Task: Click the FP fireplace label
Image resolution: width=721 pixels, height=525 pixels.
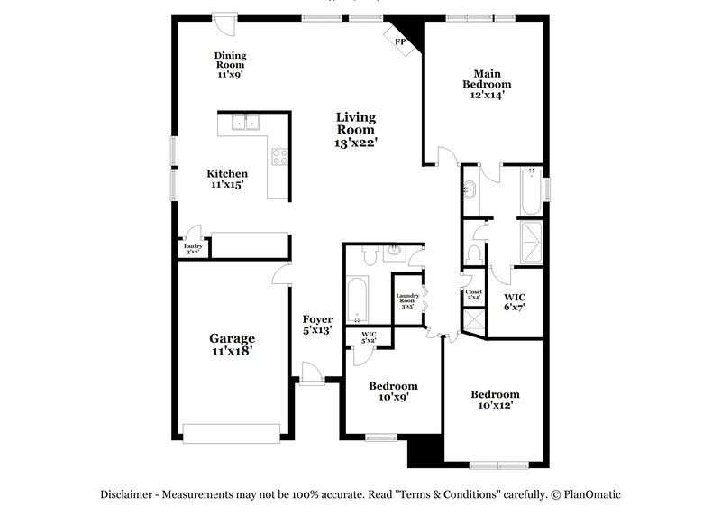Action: pyautogui.click(x=400, y=41)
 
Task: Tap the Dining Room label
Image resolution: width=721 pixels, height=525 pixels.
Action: pyautogui.click(x=230, y=65)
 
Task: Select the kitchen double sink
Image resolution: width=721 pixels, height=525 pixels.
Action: pyautogui.click(x=244, y=123)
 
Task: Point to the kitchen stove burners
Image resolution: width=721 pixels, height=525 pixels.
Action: pyautogui.click(x=279, y=157)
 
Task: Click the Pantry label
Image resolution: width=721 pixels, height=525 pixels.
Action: pyautogui.click(x=193, y=248)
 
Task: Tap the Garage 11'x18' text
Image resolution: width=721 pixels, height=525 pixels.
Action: pyautogui.click(x=233, y=345)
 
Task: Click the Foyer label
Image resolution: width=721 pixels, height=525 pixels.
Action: pyautogui.click(x=317, y=325)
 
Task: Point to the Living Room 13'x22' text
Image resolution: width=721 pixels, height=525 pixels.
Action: pyautogui.click(x=356, y=130)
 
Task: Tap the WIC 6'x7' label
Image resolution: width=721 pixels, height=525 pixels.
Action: pyautogui.click(x=515, y=301)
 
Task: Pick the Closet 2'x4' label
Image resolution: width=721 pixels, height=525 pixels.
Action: pyautogui.click(x=473, y=295)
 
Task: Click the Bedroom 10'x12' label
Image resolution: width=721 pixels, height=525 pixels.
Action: pyautogui.click(x=495, y=400)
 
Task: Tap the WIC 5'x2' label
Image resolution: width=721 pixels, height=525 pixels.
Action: pyautogui.click(x=369, y=338)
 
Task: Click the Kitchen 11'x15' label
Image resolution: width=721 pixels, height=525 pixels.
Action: pyautogui.click(x=227, y=179)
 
